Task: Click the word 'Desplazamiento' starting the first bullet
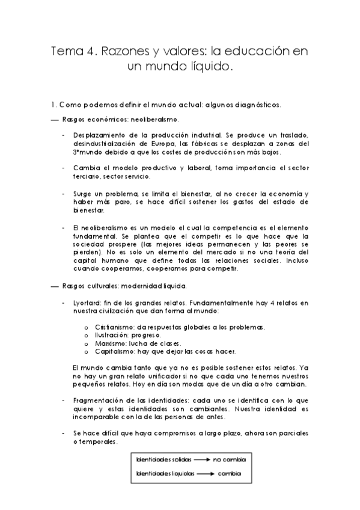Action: (95, 135)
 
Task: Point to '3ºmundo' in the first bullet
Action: (84, 152)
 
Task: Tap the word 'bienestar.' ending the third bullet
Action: (88, 210)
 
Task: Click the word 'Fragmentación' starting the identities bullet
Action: (99, 400)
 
